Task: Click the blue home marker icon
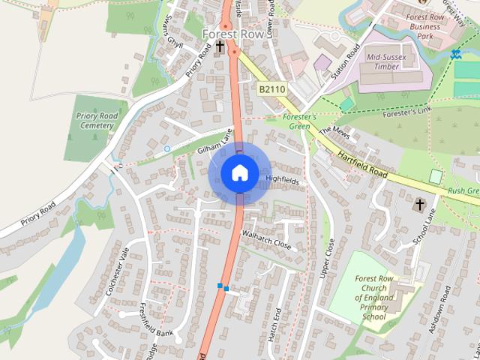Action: click(x=239, y=172)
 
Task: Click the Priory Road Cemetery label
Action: click(x=95, y=121)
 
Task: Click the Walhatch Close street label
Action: click(x=266, y=239)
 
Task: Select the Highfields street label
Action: click(x=282, y=181)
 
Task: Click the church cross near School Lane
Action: click(x=420, y=204)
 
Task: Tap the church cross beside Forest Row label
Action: click(x=220, y=47)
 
